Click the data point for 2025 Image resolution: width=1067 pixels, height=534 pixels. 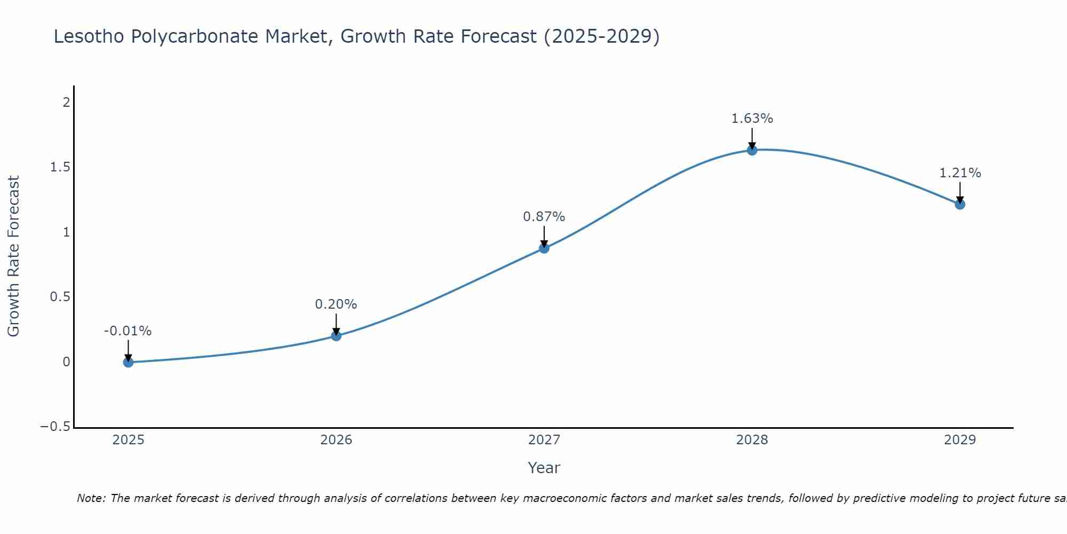coord(128,362)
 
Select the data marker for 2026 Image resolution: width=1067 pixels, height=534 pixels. coord(336,335)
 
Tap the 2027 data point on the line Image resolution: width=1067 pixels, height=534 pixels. coord(544,248)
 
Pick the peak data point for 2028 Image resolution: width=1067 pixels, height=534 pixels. coord(752,150)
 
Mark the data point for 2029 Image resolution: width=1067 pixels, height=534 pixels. coord(960,204)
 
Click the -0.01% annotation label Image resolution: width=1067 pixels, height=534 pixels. coord(128,331)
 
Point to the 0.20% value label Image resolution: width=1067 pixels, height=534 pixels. coord(336,304)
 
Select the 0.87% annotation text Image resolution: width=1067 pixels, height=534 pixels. coord(544,217)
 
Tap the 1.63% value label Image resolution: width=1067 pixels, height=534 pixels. coord(752,119)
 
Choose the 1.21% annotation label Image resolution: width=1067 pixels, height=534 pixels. coord(960,173)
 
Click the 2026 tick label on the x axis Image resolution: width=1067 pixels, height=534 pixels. coord(336,440)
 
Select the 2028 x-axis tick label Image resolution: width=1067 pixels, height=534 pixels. coord(752,440)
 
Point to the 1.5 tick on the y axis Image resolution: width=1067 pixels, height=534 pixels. coord(60,167)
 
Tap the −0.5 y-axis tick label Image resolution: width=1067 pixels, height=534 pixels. coord(55,427)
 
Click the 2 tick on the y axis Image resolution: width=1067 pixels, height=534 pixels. coord(66,102)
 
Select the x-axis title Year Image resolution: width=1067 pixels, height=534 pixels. coord(544,468)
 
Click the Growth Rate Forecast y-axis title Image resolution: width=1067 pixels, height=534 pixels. coord(13,256)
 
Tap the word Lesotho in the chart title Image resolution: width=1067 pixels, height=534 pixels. coord(89,36)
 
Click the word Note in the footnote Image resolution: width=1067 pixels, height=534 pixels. coord(90,498)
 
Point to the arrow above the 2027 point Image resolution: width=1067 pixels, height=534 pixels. coord(544,237)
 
